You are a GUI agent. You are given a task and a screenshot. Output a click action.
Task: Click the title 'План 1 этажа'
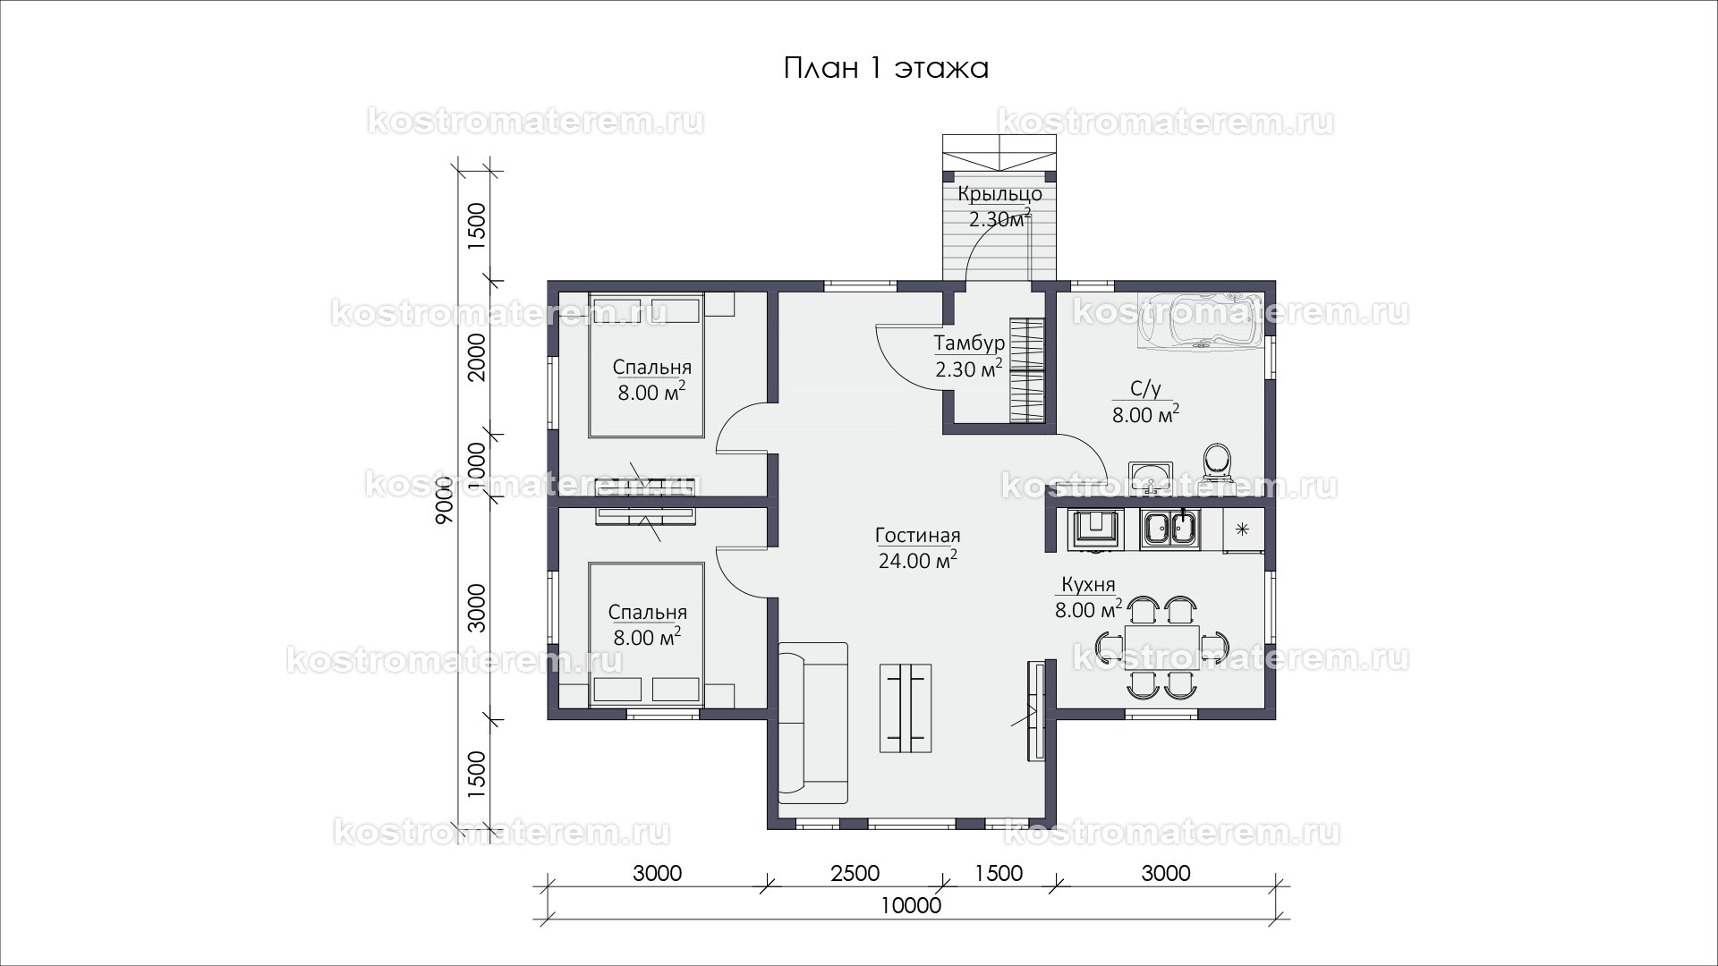click(x=886, y=69)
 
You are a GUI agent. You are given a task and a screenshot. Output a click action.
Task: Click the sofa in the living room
click(x=812, y=722)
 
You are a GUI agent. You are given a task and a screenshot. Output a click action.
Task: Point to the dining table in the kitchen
click(x=1162, y=647)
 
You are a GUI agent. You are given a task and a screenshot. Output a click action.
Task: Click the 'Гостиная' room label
click(x=917, y=536)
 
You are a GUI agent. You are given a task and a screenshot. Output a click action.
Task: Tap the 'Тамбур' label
click(x=969, y=343)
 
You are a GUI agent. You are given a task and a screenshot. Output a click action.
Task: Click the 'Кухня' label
click(x=1088, y=586)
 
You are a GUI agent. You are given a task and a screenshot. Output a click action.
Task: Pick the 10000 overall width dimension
click(x=911, y=906)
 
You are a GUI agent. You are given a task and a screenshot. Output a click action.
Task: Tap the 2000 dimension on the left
click(x=476, y=357)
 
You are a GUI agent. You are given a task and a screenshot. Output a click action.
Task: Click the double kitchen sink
click(x=1169, y=528)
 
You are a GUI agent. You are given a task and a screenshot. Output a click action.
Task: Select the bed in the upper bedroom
click(x=645, y=365)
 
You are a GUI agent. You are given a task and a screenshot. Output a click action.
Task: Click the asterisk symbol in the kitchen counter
click(x=1242, y=529)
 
